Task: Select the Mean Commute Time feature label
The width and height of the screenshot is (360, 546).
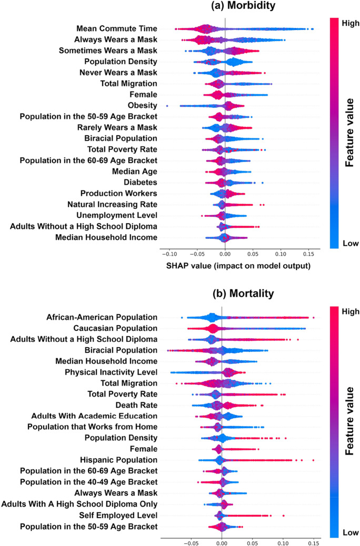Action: click(x=116, y=28)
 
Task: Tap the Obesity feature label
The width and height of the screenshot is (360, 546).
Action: click(x=142, y=106)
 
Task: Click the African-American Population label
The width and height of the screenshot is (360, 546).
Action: click(x=102, y=317)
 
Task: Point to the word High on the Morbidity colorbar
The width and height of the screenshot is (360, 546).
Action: click(x=348, y=22)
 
